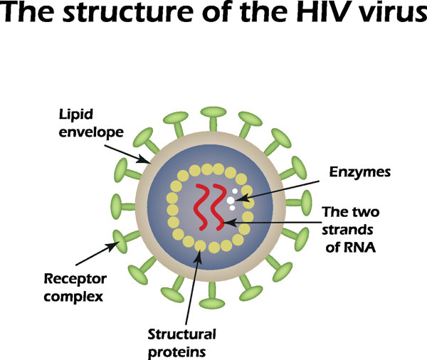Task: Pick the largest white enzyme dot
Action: click(231, 202)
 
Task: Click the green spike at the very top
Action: click(211, 118)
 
